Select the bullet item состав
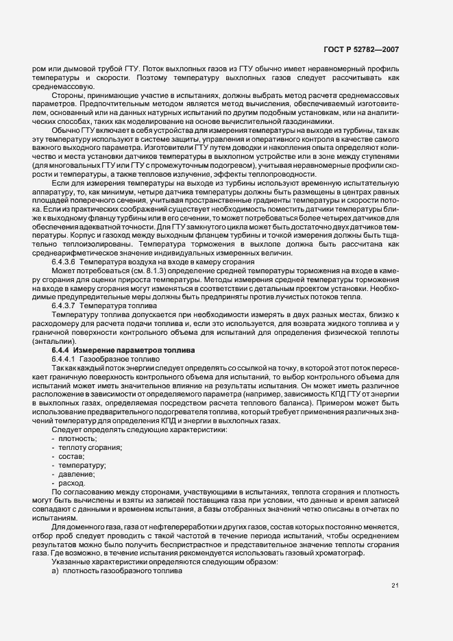72,456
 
